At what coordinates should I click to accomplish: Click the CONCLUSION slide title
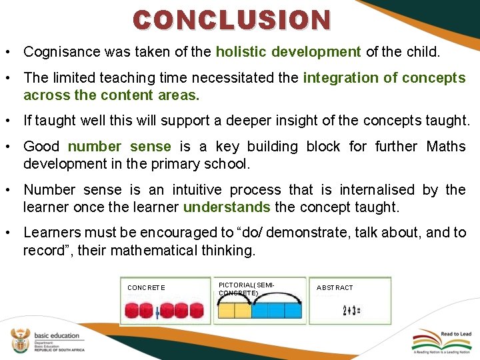coord(231,20)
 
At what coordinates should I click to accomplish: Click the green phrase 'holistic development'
coord(288,51)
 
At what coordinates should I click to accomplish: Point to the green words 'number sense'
coord(119,147)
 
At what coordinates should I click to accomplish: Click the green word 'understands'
coord(227,207)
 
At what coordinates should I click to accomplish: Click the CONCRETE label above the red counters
coord(146,288)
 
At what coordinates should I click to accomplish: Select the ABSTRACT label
coord(335,288)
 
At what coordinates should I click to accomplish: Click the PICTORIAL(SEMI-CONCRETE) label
coord(246,289)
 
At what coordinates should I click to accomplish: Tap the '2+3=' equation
coord(351,311)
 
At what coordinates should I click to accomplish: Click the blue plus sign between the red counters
coord(157,312)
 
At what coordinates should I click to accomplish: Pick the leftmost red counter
coord(131,311)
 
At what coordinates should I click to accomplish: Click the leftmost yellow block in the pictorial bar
coord(227,311)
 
